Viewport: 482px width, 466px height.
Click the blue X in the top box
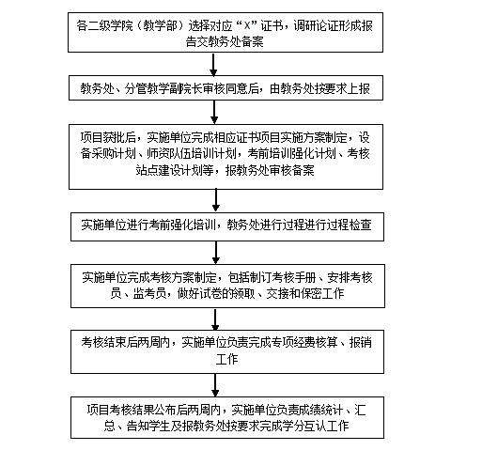(x=247, y=25)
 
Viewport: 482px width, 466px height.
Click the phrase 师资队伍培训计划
(x=192, y=153)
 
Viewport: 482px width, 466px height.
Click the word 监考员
(x=149, y=294)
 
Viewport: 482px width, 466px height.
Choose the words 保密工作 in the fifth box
(x=322, y=294)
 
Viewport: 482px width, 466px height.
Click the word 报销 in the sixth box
(x=361, y=342)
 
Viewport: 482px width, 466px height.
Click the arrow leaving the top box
(x=213, y=65)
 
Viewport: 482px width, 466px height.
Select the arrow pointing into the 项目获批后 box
(x=214, y=112)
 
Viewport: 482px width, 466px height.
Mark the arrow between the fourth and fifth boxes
(x=216, y=253)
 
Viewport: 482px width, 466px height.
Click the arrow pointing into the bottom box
(x=215, y=385)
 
